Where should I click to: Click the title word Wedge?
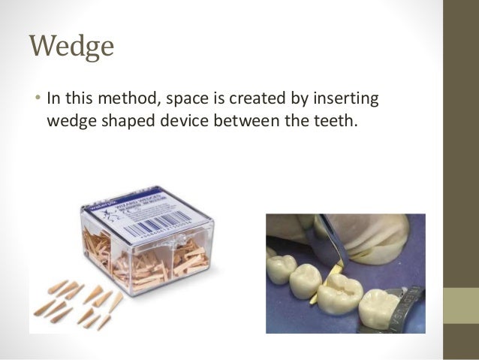(x=71, y=47)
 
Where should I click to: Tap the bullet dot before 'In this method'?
(x=36, y=99)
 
